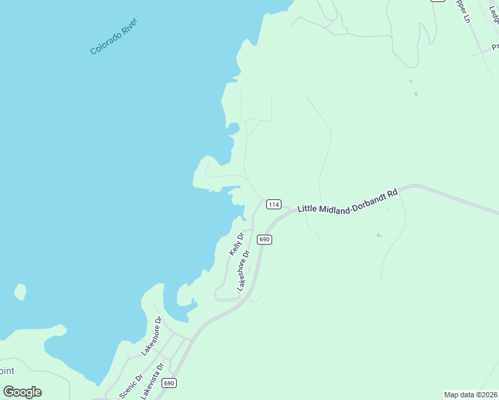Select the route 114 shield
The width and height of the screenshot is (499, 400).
tap(274, 204)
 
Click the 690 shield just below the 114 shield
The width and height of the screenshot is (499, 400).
tap(264, 239)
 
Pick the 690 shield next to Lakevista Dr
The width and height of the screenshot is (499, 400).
tap(169, 383)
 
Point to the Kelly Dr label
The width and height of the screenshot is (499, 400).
tap(235, 243)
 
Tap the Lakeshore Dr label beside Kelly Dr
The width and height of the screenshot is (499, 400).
tap(243, 270)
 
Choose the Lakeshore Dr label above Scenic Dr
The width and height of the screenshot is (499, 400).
tap(151, 335)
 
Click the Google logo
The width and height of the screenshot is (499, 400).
tap(23, 392)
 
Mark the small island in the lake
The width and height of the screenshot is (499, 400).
tap(20, 292)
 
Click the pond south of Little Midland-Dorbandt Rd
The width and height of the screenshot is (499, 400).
tap(379, 235)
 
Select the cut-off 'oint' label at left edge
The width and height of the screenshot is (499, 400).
tap(7, 371)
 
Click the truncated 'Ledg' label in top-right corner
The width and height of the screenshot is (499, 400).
tap(494, 10)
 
